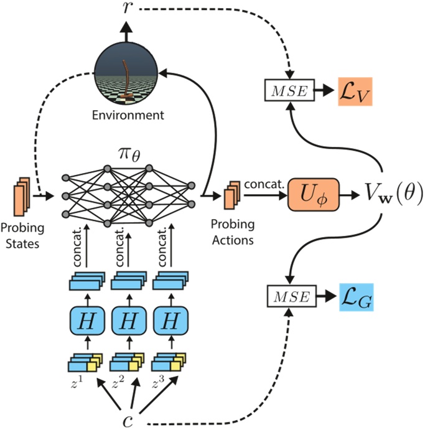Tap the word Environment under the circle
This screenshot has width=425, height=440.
(127, 115)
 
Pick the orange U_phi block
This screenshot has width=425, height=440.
(310, 195)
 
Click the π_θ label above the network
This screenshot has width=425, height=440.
(129, 152)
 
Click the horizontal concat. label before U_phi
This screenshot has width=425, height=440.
(264, 185)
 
